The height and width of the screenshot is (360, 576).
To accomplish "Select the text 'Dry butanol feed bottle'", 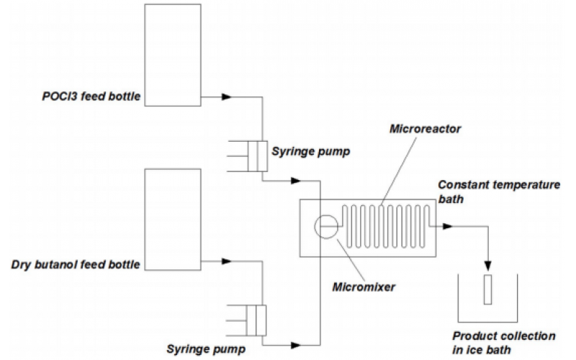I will [x=76, y=265].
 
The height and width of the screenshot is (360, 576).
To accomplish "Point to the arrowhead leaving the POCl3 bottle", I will [x=227, y=96].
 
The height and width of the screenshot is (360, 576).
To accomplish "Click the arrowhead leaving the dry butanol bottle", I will [x=227, y=261].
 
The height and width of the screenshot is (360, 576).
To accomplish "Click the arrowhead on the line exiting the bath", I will [x=448, y=226].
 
